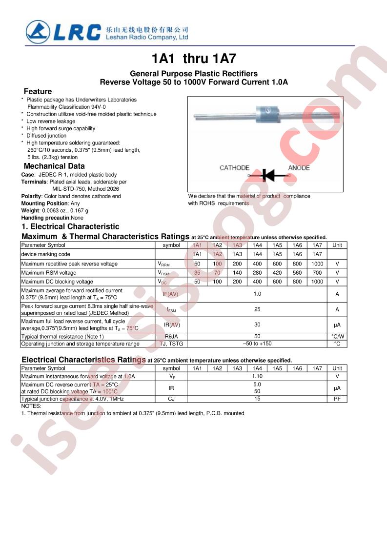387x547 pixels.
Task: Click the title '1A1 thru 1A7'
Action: tap(194, 59)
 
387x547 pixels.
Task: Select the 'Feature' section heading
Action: tap(38, 91)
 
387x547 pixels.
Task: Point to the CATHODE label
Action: tap(234, 168)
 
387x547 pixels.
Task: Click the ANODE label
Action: tap(299, 168)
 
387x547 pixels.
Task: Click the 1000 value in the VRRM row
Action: tap(317, 263)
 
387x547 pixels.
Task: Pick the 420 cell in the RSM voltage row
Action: tap(277, 273)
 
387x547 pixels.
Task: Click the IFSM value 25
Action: tap(257, 309)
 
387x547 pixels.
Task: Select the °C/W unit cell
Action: tap(337, 336)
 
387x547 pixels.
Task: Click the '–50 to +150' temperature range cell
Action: tap(257, 344)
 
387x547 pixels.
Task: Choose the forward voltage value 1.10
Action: tap(257, 376)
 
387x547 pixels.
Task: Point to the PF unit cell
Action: tap(337, 399)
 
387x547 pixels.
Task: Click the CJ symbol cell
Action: tap(171, 399)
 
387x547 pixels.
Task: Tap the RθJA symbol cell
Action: tap(171, 336)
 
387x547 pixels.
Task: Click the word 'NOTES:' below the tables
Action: tap(31, 406)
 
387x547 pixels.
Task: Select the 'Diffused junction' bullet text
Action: tap(46, 136)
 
